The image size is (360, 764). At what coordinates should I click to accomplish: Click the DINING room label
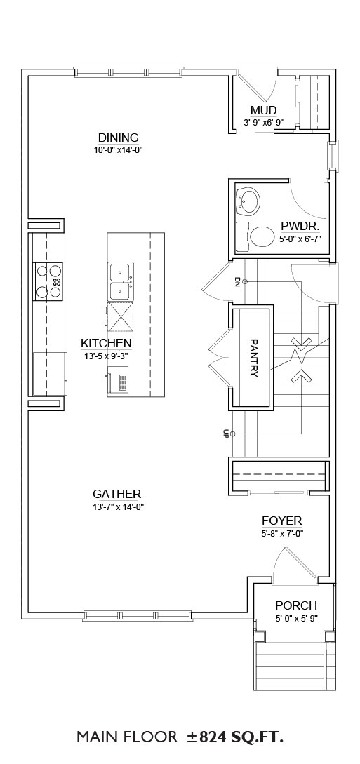click(119, 138)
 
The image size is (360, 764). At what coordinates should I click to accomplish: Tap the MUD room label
click(264, 111)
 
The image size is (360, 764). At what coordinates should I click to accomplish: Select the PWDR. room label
click(300, 227)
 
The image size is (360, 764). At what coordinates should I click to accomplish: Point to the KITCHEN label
click(106, 344)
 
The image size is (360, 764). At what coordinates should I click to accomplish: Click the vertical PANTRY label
click(253, 358)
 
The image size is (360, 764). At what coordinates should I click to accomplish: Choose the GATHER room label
click(117, 495)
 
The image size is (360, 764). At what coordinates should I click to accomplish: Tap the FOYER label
click(282, 521)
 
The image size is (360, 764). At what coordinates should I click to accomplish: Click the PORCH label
click(296, 605)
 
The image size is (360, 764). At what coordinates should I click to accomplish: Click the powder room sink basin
click(249, 201)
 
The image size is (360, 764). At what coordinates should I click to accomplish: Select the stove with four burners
click(48, 281)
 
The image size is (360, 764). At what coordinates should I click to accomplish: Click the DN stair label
click(237, 281)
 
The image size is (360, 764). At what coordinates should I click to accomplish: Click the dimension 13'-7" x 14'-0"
click(119, 507)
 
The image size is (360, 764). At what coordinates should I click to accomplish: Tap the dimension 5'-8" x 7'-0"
click(283, 533)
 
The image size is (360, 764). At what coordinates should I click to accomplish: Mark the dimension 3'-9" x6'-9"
click(264, 123)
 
